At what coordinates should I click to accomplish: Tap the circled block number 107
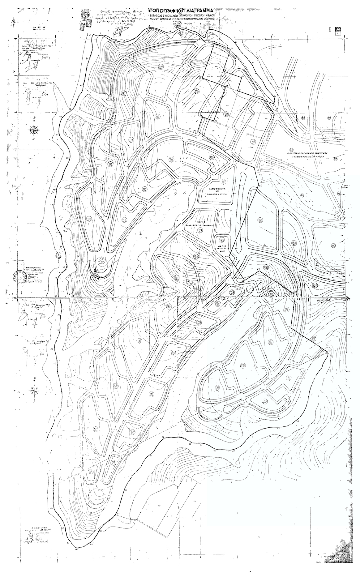253,142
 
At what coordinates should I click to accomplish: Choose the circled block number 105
294,244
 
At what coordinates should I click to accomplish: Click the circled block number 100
333,246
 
